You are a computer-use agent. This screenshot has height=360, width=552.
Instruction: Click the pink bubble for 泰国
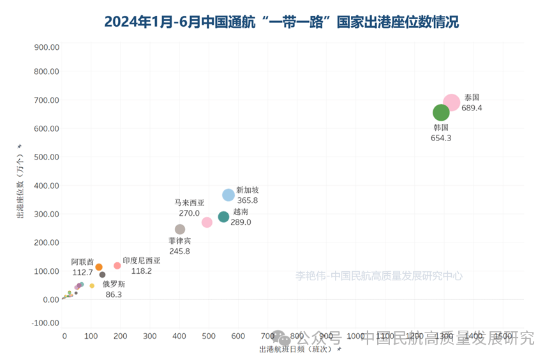451,102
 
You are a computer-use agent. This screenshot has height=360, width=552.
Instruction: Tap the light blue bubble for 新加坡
228,195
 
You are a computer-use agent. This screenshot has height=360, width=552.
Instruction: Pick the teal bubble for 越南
223,217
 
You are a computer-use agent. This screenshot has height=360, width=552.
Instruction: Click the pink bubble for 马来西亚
207,222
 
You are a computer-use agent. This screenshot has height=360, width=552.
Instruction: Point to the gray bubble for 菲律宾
180,229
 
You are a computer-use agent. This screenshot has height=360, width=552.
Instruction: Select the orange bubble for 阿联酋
99,267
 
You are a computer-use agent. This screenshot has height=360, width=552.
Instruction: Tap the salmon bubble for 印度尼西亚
117,266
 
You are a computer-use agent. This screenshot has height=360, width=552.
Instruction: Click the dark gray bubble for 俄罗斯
102,274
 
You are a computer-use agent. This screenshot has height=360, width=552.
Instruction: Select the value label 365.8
247,200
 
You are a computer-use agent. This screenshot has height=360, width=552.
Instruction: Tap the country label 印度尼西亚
142,261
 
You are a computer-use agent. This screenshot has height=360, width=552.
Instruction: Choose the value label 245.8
179,251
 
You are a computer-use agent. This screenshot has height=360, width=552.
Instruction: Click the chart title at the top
281,22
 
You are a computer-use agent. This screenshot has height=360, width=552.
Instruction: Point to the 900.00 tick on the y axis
47,47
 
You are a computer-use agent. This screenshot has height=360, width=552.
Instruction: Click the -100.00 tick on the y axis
45,323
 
